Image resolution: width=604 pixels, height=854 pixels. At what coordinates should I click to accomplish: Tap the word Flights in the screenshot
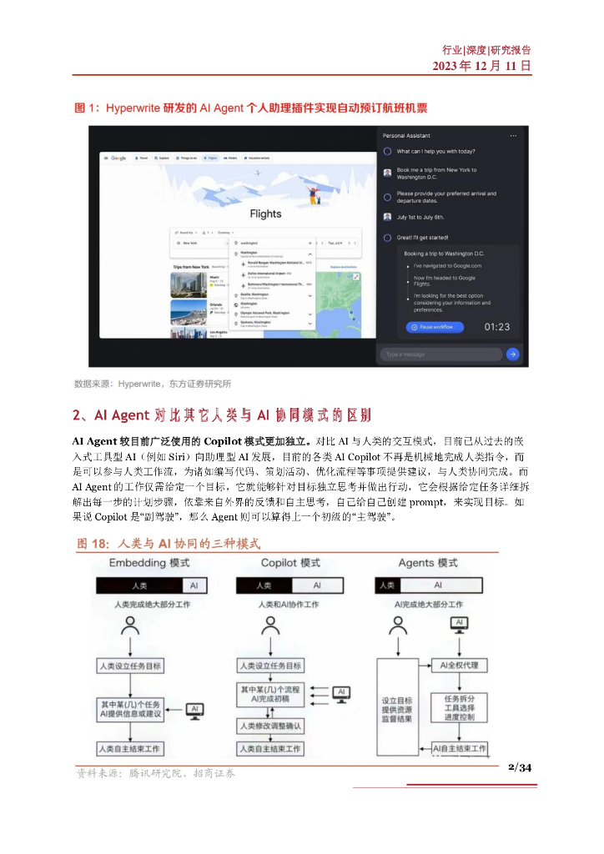point(265,213)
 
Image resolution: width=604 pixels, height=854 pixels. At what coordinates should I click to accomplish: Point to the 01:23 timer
point(497,327)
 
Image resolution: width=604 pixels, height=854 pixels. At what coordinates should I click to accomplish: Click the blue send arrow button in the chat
point(512,354)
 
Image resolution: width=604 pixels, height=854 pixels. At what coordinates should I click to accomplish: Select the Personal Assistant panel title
point(406,135)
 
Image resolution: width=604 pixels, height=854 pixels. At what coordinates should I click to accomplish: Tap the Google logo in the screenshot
point(118,158)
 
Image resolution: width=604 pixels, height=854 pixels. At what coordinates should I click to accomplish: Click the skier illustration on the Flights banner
point(315,195)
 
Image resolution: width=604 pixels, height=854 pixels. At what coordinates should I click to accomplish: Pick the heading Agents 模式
point(428,563)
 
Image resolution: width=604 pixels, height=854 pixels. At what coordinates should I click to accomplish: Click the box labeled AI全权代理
point(457,666)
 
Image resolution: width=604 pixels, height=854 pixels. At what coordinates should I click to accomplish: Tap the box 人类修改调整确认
point(270,726)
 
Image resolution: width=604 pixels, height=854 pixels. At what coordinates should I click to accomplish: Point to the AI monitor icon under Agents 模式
point(458,623)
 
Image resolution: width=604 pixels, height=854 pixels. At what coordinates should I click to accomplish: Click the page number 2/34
point(519,768)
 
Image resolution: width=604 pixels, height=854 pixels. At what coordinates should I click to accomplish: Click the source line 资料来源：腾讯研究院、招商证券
point(155,773)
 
